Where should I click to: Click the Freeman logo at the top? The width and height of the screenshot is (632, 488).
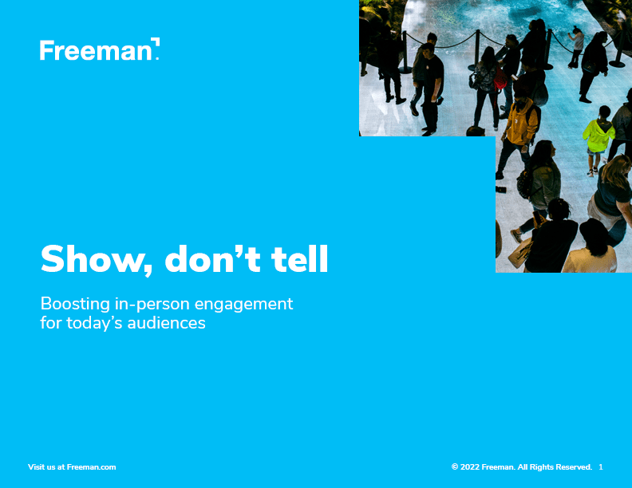pyautogui.click(x=100, y=49)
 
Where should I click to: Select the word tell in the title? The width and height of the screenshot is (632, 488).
pyautogui.click(x=300, y=258)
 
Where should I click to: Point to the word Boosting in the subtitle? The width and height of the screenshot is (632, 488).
pyautogui.click(x=75, y=305)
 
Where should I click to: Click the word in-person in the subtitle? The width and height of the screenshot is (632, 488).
pyautogui.click(x=152, y=305)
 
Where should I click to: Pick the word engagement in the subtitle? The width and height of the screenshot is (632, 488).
pyautogui.click(x=243, y=305)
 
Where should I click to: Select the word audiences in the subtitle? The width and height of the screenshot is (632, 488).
pyautogui.click(x=167, y=323)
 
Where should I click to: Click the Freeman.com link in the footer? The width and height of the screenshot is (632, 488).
pyautogui.click(x=91, y=467)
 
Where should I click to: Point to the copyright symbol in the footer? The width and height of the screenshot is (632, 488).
pyautogui.click(x=455, y=467)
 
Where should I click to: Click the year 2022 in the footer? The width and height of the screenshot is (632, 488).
pyautogui.click(x=470, y=467)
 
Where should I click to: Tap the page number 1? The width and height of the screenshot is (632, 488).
pyautogui.click(x=601, y=467)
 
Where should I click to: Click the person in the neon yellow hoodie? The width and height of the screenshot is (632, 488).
pyautogui.click(x=598, y=137)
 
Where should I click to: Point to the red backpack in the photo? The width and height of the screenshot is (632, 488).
pyautogui.click(x=500, y=79)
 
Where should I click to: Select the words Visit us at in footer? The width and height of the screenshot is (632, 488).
pyautogui.click(x=46, y=467)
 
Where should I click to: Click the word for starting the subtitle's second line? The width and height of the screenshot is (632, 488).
pyautogui.click(x=51, y=323)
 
